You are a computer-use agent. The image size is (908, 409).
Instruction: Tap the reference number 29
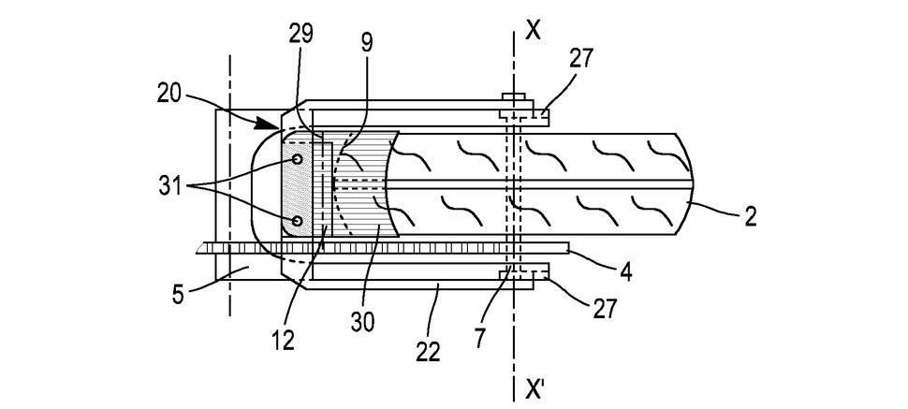point(301,35)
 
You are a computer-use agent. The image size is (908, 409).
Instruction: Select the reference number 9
point(366,43)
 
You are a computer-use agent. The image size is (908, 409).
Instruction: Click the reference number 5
point(179,294)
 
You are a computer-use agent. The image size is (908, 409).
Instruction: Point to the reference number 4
point(624,271)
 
